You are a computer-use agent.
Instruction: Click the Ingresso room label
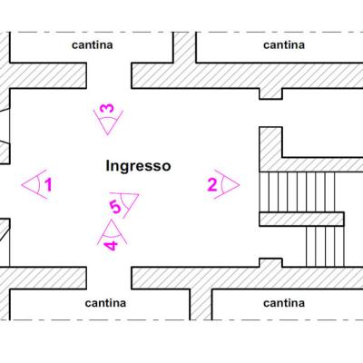click(x=138, y=166)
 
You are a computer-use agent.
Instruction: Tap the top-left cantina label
click(x=93, y=45)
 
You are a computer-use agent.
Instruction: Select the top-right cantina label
click(x=284, y=45)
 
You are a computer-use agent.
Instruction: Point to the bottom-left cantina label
click(x=105, y=303)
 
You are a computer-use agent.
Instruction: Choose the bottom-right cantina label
click(x=284, y=303)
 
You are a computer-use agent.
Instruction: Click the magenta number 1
click(x=48, y=185)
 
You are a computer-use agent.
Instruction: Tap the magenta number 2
click(x=212, y=185)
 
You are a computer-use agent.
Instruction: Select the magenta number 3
click(x=107, y=108)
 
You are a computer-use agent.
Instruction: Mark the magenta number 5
click(x=115, y=207)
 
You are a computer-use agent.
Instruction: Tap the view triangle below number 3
click(x=108, y=121)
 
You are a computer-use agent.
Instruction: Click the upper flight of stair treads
click(x=297, y=191)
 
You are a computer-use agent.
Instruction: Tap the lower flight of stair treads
click(x=325, y=247)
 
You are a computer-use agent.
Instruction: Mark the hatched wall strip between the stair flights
click(x=301, y=219)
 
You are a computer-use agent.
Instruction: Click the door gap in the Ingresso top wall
click(x=109, y=75)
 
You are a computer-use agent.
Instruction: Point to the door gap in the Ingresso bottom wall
click(x=109, y=278)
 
